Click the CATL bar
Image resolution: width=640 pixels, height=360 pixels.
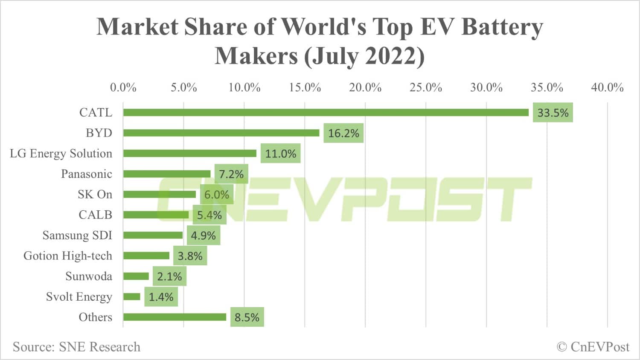click(x=326, y=113)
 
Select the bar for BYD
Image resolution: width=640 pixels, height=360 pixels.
click(x=221, y=133)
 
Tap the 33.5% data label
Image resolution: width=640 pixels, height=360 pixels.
click(x=553, y=113)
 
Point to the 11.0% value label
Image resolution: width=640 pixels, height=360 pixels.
click(x=280, y=154)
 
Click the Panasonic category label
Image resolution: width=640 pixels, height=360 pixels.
click(x=87, y=174)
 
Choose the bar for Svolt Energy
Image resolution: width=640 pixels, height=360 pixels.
click(x=132, y=297)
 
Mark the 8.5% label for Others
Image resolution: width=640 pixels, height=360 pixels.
click(x=247, y=318)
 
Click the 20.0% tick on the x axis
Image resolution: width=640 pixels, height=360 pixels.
click(x=365, y=88)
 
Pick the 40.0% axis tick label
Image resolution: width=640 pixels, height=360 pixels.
click(x=607, y=88)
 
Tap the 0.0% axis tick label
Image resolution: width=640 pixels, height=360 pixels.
click(x=123, y=88)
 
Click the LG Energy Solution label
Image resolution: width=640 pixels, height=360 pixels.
click(x=61, y=154)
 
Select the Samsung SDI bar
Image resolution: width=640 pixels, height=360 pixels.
click(x=153, y=235)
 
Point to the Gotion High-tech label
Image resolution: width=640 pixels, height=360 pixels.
click(x=68, y=256)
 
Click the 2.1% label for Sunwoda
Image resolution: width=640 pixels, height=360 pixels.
click(x=169, y=277)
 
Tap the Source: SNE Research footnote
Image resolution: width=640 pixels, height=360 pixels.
click(x=76, y=347)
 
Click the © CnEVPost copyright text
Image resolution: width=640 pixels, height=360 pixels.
click(x=593, y=347)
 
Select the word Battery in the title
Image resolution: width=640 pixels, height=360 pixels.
click(x=502, y=27)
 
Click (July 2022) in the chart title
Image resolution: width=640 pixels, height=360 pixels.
click(x=364, y=56)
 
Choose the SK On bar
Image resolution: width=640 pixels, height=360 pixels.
click(x=159, y=195)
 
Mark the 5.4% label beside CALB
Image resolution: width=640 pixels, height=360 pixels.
click(x=209, y=215)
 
